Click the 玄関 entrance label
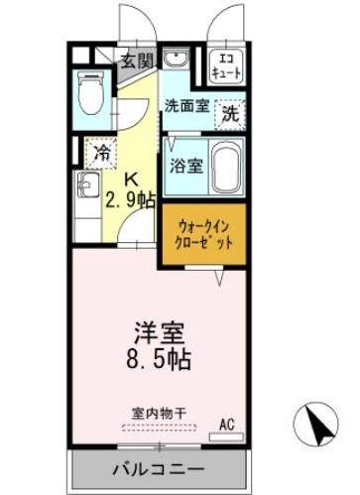click(x=137, y=61)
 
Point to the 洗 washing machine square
click(x=229, y=113)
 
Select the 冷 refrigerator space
click(x=101, y=153)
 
